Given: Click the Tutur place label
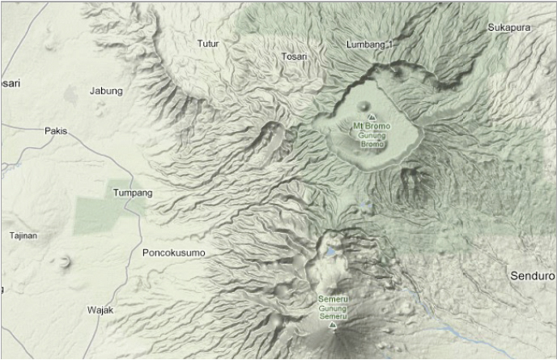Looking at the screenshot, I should pos(208,43).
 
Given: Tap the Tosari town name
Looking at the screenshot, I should pos(295,56).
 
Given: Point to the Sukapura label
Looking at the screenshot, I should pos(508,28).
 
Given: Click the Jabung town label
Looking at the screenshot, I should pos(106,91).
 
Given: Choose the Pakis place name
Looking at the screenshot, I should pos(56,130).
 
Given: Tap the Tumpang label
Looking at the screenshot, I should pos(132,193).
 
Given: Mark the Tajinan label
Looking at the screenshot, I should pos(23,235).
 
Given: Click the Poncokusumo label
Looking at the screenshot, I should pos(173,253).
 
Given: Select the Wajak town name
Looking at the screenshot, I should pos(102,310).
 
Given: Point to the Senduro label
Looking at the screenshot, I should pos(533,276).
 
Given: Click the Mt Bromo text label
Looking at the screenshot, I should pos(372,126).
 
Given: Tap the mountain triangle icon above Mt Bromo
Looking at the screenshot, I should pos(372,117).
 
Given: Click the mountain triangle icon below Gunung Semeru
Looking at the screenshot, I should pos(333,325).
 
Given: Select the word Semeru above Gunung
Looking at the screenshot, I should pos(333,300).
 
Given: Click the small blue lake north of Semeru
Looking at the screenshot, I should pos(330,252).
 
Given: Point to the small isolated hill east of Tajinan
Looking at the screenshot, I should pos(62,260).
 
